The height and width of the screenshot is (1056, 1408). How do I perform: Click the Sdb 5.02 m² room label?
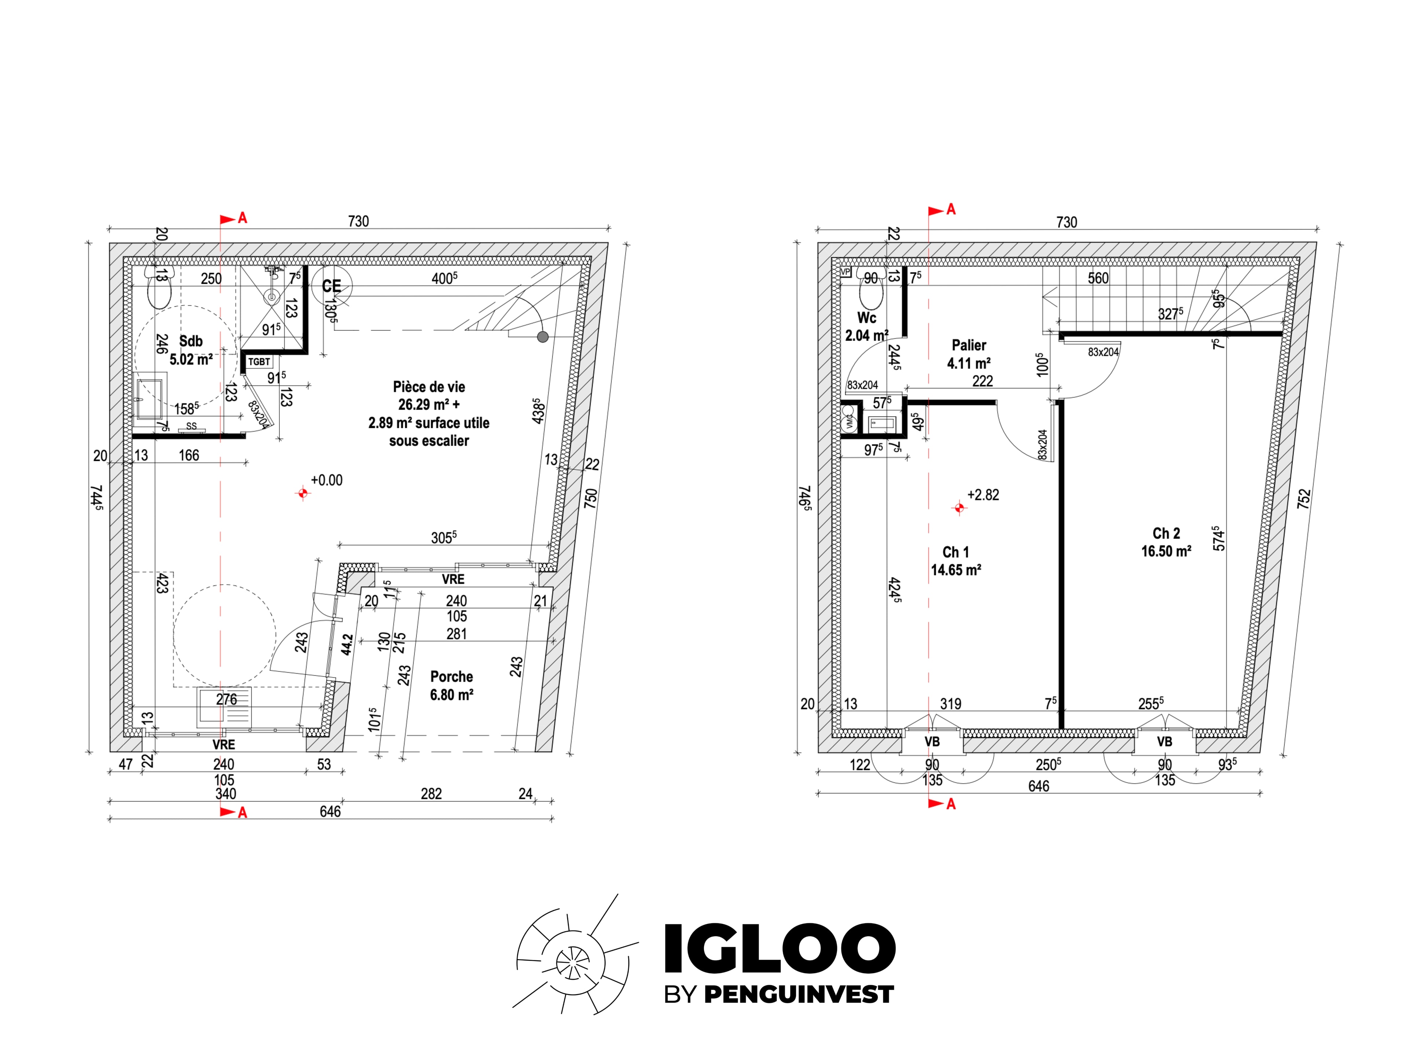(191, 350)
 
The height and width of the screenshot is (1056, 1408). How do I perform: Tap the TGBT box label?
(259, 362)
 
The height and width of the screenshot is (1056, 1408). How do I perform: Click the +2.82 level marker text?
(983, 495)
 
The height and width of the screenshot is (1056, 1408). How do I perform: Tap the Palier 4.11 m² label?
(969, 354)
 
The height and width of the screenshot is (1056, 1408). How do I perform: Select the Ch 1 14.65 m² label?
(956, 561)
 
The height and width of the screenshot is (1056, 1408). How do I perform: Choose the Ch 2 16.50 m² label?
(1166, 542)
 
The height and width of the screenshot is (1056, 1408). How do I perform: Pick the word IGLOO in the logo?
(780, 948)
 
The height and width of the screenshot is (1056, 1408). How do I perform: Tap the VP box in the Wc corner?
(845, 272)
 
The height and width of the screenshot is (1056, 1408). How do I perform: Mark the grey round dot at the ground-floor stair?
(542, 337)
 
